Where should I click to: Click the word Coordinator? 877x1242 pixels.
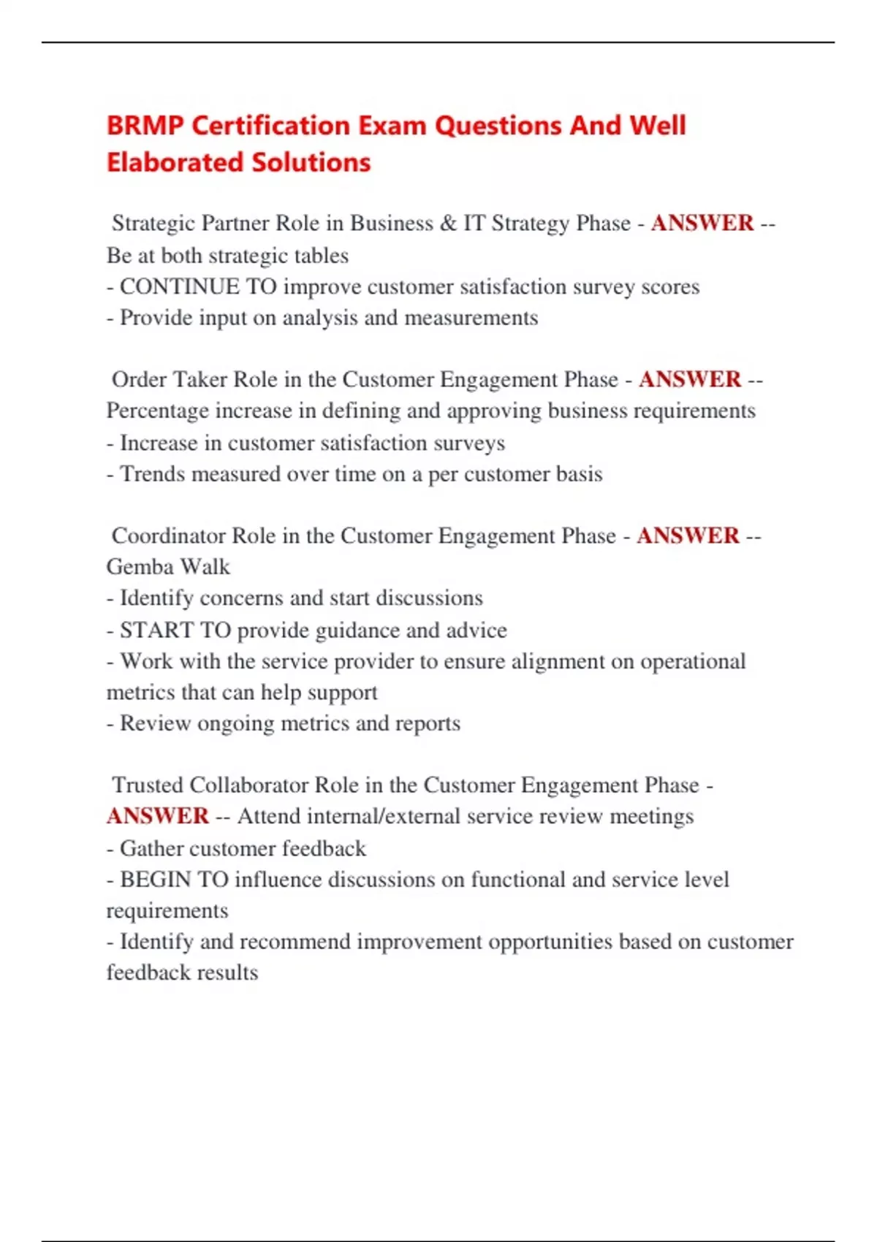[x=168, y=536]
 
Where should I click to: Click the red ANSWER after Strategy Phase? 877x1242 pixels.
[x=702, y=223]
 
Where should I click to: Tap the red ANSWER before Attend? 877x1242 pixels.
[x=158, y=816]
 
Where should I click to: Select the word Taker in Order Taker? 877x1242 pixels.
[x=200, y=379]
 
